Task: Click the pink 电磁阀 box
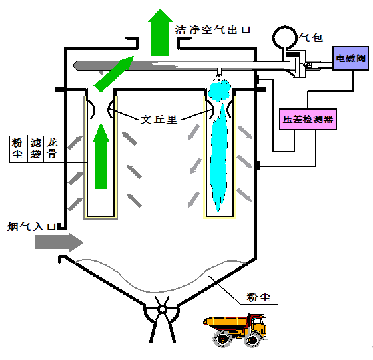pos(352,59)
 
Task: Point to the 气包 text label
pos(311,38)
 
